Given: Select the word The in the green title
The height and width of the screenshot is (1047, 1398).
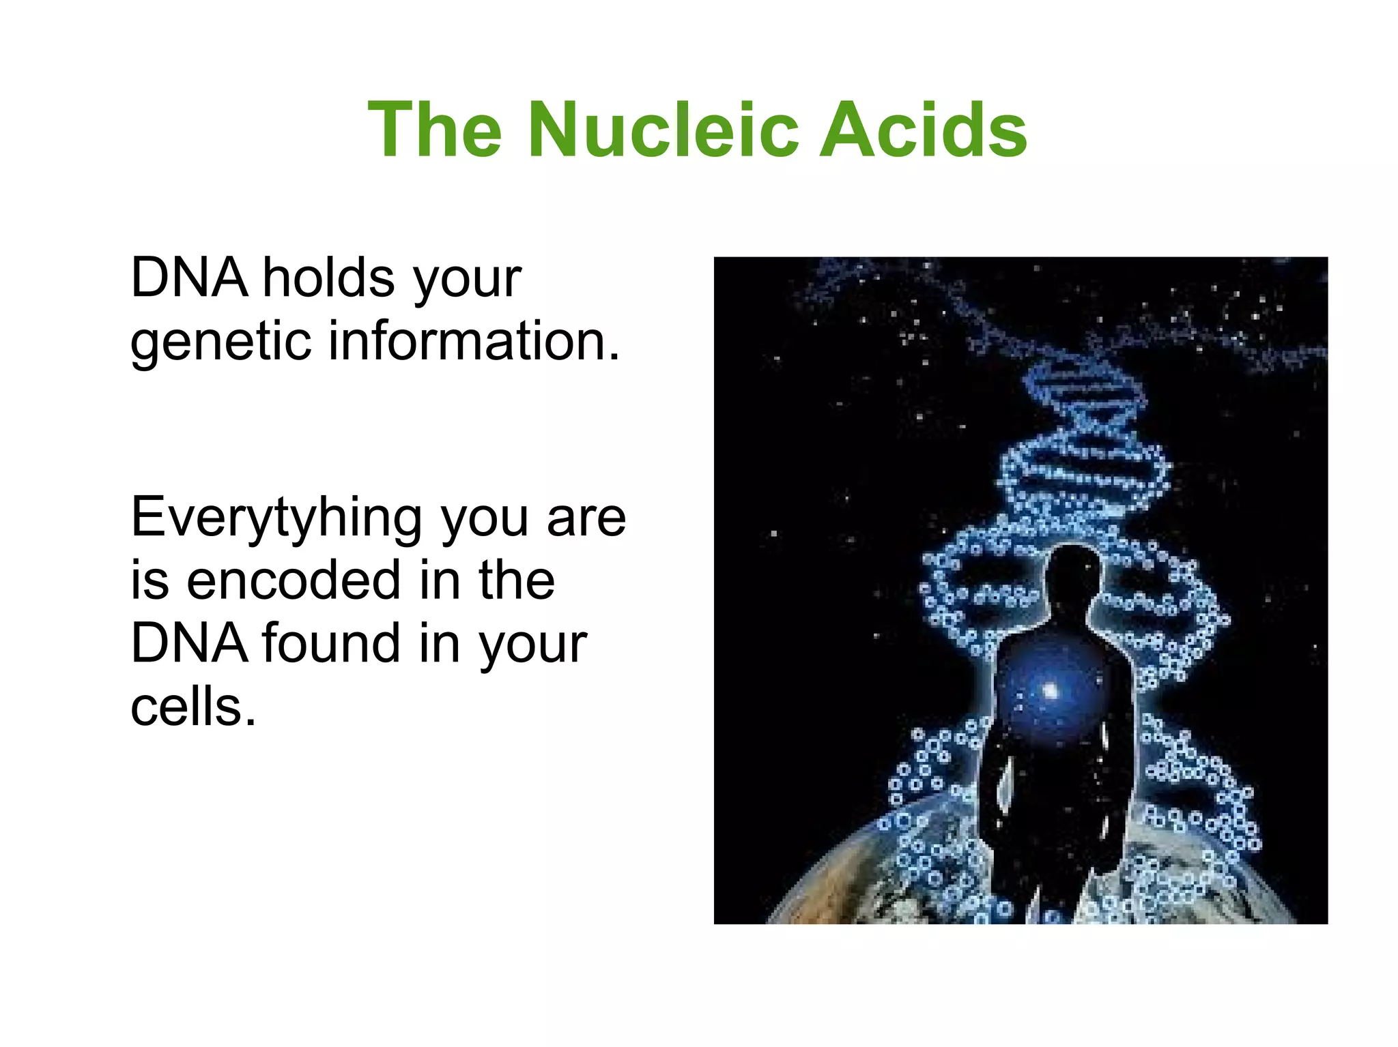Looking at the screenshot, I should pos(436,130).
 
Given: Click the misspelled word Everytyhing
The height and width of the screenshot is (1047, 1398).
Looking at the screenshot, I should pos(276,518).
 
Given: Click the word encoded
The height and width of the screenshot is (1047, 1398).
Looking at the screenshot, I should pos(294,581).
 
